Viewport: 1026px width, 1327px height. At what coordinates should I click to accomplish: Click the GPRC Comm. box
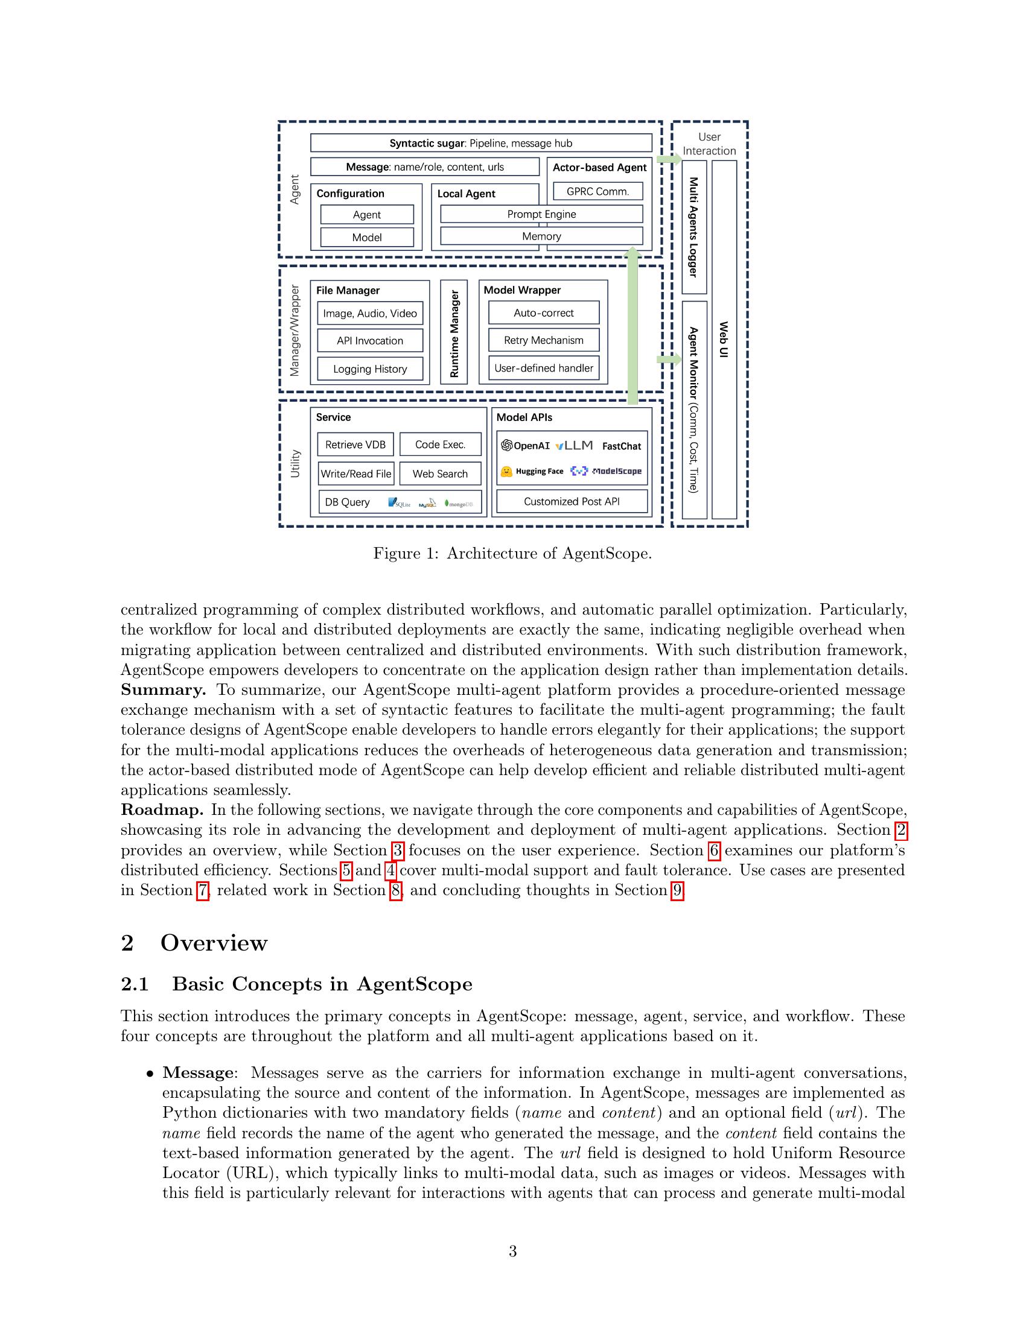pos(597,191)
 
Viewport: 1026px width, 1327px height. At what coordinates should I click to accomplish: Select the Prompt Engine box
pos(541,214)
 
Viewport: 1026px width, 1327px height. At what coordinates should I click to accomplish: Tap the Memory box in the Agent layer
pos(541,236)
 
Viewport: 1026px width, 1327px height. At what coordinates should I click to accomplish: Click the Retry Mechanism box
pos(543,340)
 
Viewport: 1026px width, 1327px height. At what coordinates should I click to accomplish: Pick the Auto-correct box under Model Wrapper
pos(543,313)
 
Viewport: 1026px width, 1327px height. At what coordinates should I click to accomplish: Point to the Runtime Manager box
pos(454,332)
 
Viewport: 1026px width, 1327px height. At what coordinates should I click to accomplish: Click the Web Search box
pos(440,474)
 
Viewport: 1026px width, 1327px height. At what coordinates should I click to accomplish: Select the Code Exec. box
pos(440,445)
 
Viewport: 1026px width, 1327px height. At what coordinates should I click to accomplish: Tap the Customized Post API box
pos(572,502)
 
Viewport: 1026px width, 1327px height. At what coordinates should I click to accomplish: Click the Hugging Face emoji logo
pos(506,472)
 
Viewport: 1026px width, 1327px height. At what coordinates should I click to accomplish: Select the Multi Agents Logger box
pos(694,227)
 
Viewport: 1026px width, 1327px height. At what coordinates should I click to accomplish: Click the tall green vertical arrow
pos(632,328)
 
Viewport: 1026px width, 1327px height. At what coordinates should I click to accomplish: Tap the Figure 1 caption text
pos(512,554)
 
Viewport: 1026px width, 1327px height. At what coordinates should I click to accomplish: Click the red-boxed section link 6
pos(714,850)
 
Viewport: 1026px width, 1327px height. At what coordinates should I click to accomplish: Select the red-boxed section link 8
pos(395,890)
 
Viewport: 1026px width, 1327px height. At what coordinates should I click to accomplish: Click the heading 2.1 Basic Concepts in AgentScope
pos(296,984)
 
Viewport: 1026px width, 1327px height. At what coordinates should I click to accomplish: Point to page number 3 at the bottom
pos(512,1251)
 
